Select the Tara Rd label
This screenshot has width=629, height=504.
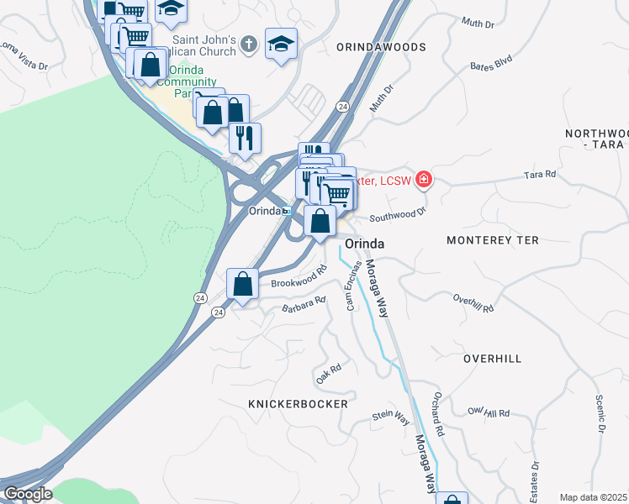pyautogui.click(x=540, y=175)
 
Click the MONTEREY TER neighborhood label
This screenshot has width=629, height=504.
pyautogui.click(x=491, y=240)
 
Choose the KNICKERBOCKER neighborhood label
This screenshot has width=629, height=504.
pyautogui.click(x=298, y=404)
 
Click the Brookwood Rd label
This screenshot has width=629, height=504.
pyautogui.click(x=298, y=279)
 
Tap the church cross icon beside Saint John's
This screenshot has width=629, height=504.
pyautogui.click(x=248, y=42)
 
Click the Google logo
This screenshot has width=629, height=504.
pyautogui.click(x=27, y=494)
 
